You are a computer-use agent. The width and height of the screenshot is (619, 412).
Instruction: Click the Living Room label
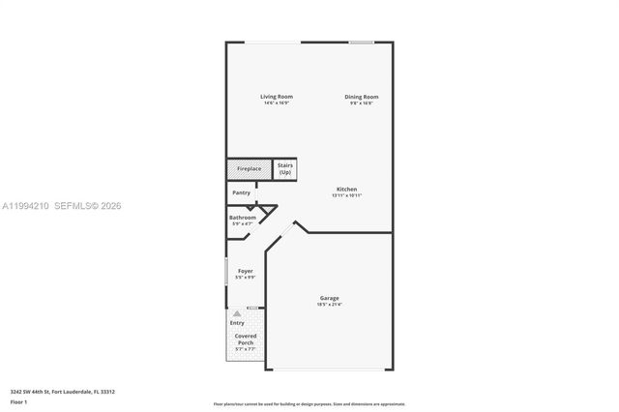tap(276, 97)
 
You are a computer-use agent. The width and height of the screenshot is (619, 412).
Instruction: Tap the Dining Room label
tap(363, 97)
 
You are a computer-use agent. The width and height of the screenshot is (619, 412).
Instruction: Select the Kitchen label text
tap(346, 189)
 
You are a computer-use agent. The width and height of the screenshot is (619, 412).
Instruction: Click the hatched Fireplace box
tap(249, 169)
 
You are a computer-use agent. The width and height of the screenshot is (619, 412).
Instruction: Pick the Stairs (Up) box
tap(284, 169)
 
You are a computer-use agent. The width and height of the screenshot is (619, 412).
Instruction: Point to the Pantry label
tap(241, 192)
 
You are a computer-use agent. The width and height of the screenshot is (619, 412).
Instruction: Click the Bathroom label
tap(242, 218)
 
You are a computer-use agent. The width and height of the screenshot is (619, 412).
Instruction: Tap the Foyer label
tap(245, 271)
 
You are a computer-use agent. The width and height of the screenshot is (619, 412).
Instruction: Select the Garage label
tap(329, 298)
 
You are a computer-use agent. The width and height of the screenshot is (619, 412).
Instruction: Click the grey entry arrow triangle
tap(236, 314)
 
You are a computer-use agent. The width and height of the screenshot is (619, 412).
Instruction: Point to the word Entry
tap(237, 323)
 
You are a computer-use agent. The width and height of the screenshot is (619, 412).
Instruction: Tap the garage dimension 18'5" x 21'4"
tap(329, 305)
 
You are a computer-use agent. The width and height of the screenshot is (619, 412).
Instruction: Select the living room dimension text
tap(276, 103)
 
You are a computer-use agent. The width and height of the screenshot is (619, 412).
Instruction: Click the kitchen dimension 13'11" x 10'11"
tap(346, 195)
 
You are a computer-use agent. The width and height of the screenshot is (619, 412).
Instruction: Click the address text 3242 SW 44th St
tap(63, 392)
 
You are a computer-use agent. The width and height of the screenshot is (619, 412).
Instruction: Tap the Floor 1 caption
tap(18, 400)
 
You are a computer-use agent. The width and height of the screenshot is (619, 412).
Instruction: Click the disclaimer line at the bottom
tap(309, 403)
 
